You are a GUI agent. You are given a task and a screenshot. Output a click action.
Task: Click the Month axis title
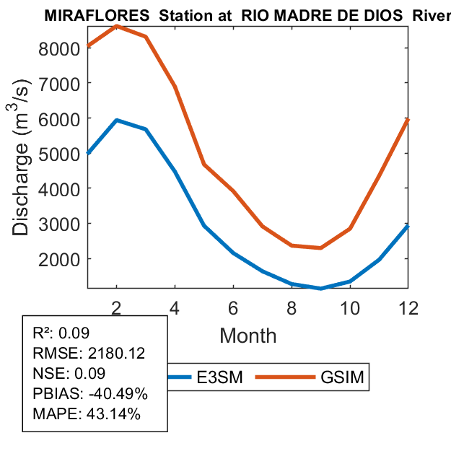pyautogui.click(x=248, y=335)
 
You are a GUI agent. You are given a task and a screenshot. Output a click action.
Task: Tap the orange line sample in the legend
pyautogui.click(x=289, y=377)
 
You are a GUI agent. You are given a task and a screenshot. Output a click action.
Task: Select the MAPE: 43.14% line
pyautogui.click(x=87, y=414)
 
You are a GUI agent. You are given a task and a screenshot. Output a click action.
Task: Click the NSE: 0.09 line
pyautogui.click(x=69, y=374)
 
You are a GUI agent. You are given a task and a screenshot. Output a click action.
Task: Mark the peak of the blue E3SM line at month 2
pyautogui.click(x=116, y=121)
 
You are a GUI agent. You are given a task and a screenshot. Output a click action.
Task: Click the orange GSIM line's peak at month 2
pyautogui.click(x=116, y=26)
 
